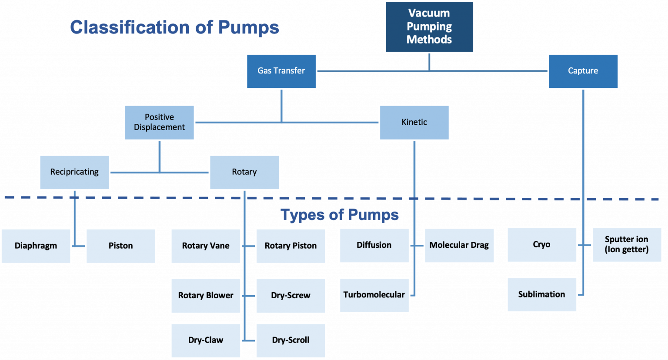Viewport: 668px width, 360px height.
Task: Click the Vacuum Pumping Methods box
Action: click(429, 27)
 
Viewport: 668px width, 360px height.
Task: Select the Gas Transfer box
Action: click(281, 71)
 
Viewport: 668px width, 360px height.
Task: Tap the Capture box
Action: click(583, 71)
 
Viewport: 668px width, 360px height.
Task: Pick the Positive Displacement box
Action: click(159, 122)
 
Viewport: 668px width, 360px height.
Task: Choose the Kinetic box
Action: click(414, 122)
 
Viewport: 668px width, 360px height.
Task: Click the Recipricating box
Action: click(74, 172)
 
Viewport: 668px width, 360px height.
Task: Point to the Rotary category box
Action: click(244, 172)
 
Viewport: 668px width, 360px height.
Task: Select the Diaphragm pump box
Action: click(36, 246)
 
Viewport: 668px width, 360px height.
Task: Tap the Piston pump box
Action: click(120, 246)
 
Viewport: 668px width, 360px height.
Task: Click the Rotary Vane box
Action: click(205, 246)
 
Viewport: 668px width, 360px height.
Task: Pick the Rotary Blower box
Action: click(205, 296)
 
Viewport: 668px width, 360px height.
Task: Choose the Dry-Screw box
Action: click(291, 296)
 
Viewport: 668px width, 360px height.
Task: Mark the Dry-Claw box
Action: click(205, 340)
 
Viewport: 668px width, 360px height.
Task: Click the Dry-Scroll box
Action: click(291, 340)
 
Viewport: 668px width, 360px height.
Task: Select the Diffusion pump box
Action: click(374, 245)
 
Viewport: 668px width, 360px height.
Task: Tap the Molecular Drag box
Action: click(459, 245)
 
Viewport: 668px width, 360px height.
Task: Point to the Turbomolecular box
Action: click(374, 295)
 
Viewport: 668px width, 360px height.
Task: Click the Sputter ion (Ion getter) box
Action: click(626, 245)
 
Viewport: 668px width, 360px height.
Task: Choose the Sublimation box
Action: click(541, 295)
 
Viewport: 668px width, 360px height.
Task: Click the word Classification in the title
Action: click(130, 27)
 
